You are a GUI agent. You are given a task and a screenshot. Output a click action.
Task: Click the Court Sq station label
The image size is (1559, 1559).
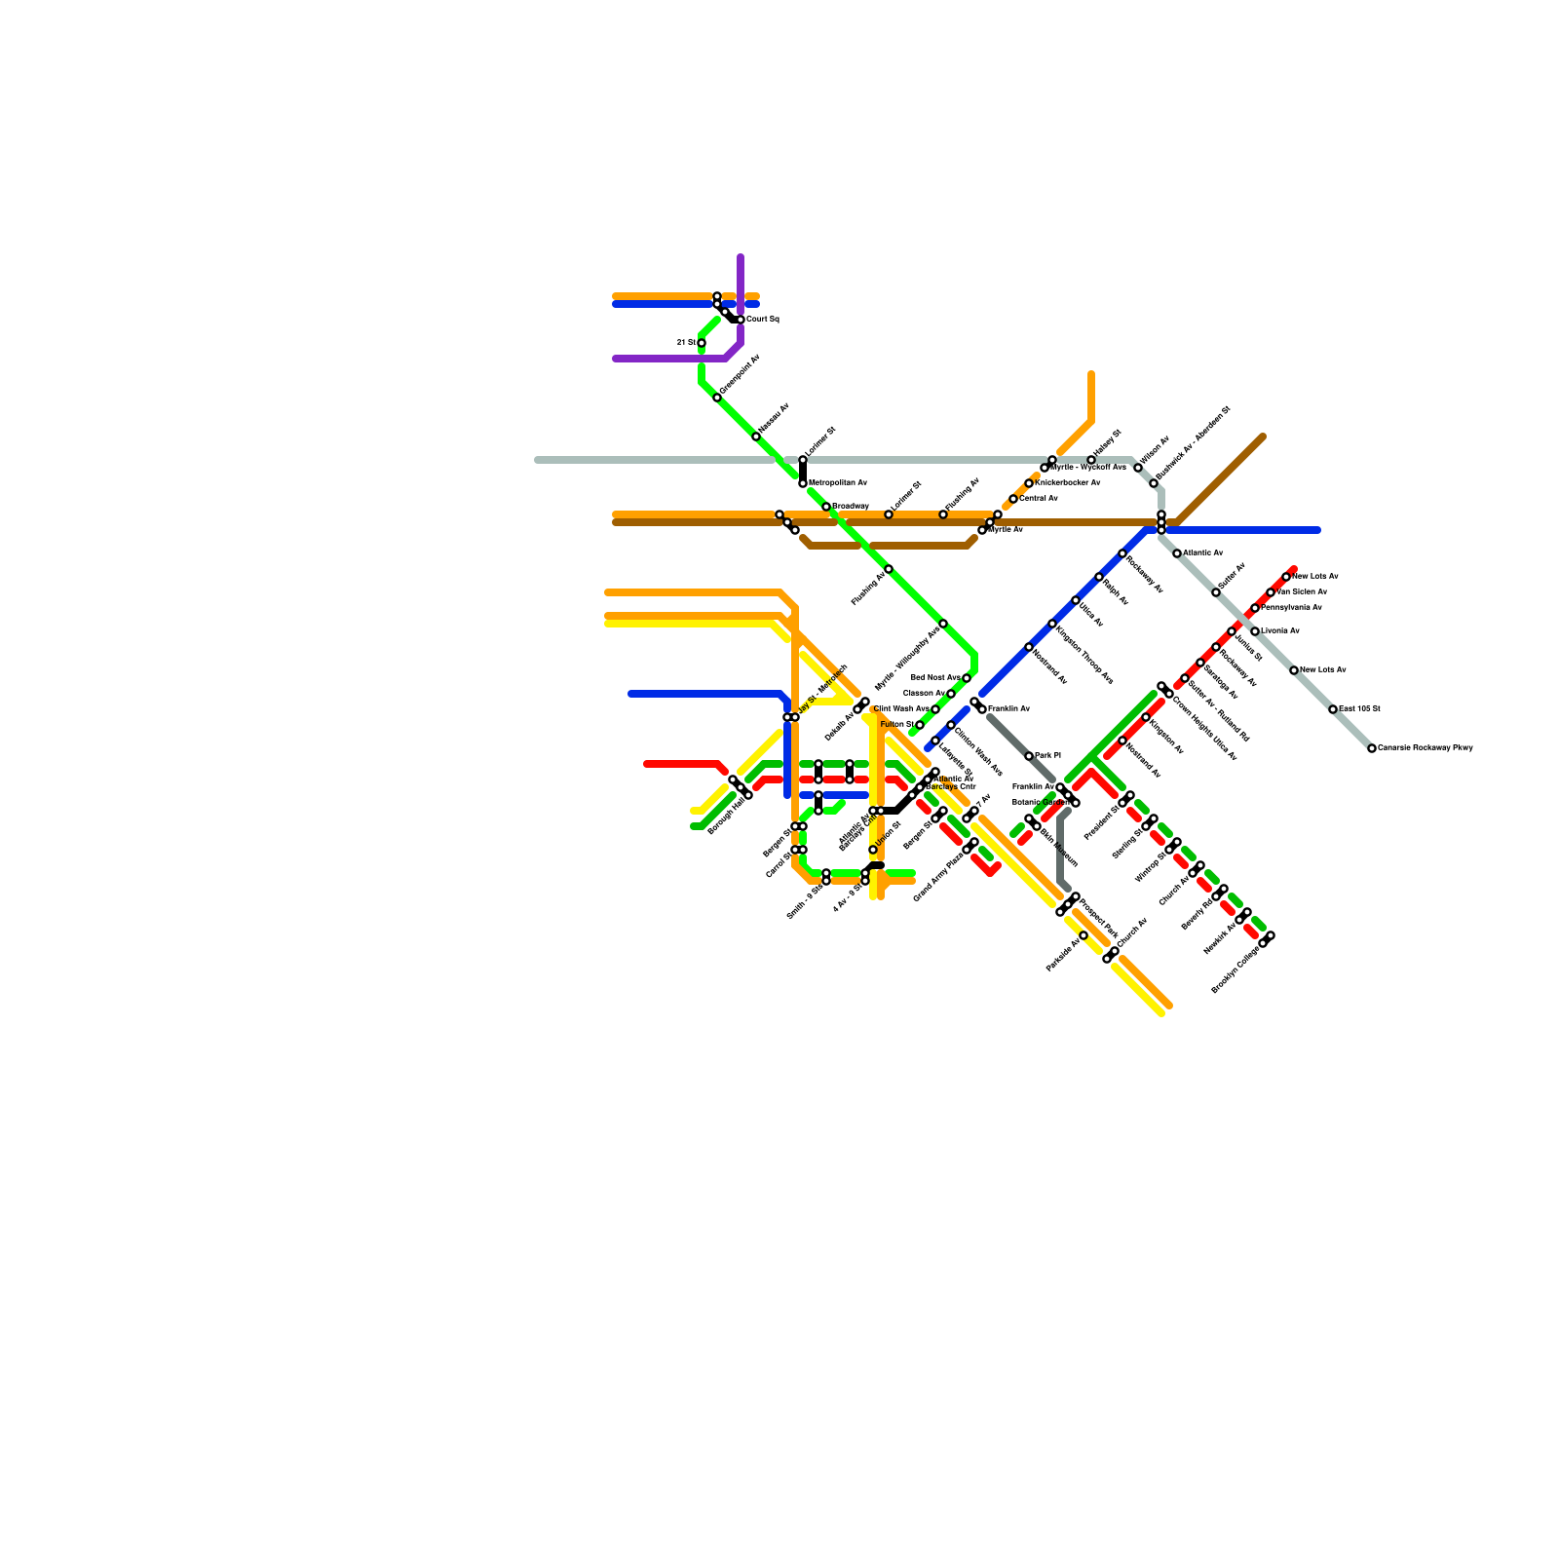(763, 320)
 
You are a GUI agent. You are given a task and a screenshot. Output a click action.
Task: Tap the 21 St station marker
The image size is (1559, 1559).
(702, 343)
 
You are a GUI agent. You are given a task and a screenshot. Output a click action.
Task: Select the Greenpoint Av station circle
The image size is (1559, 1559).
(717, 398)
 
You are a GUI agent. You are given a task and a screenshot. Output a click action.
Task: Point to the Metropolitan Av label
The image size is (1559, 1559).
(838, 483)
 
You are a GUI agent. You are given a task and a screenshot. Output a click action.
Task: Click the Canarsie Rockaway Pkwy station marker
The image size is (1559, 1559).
(1372, 748)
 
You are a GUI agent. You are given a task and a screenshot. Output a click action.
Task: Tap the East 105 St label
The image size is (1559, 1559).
(1359, 709)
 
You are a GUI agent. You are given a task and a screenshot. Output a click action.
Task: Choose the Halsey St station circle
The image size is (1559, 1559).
(1091, 460)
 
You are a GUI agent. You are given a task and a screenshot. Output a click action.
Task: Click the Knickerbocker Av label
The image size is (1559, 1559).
(1068, 483)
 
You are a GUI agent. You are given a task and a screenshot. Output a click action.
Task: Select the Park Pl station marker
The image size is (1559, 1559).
(1029, 756)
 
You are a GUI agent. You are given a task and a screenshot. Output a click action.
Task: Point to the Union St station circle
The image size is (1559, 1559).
(873, 850)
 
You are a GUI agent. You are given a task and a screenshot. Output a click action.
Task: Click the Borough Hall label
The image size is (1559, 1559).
(726, 816)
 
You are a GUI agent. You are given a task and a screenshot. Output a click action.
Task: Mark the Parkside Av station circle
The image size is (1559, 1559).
(1084, 935)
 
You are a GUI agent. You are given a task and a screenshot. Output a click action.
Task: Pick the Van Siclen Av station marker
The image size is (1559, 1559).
(1271, 592)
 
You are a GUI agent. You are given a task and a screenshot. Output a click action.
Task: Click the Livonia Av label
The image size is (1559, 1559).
(1280, 631)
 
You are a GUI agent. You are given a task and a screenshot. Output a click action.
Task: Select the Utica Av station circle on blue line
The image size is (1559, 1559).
(1076, 600)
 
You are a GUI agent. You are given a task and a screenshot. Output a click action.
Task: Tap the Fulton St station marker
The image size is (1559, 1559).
(920, 725)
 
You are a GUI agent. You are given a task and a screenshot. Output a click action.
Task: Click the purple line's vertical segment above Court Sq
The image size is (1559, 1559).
(741, 283)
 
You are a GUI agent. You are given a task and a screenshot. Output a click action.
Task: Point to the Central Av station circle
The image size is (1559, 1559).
(1013, 499)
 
